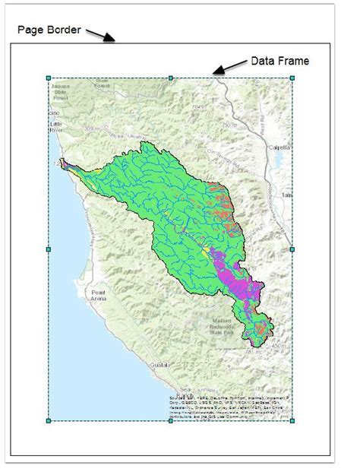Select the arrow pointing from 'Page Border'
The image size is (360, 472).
coord(101,35)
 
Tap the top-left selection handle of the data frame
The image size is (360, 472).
coord(48,78)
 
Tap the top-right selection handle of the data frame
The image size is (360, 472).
coord(292,78)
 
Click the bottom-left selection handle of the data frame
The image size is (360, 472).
coord(48,420)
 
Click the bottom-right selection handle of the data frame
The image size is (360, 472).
coord(292,420)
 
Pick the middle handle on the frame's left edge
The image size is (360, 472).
coord(48,249)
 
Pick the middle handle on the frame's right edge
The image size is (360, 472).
coord(292,249)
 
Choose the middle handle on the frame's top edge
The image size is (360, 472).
coord(170,78)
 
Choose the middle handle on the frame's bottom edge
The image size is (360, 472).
coord(170,420)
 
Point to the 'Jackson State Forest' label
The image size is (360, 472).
coord(61,93)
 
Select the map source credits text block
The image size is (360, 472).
coord(228,407)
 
